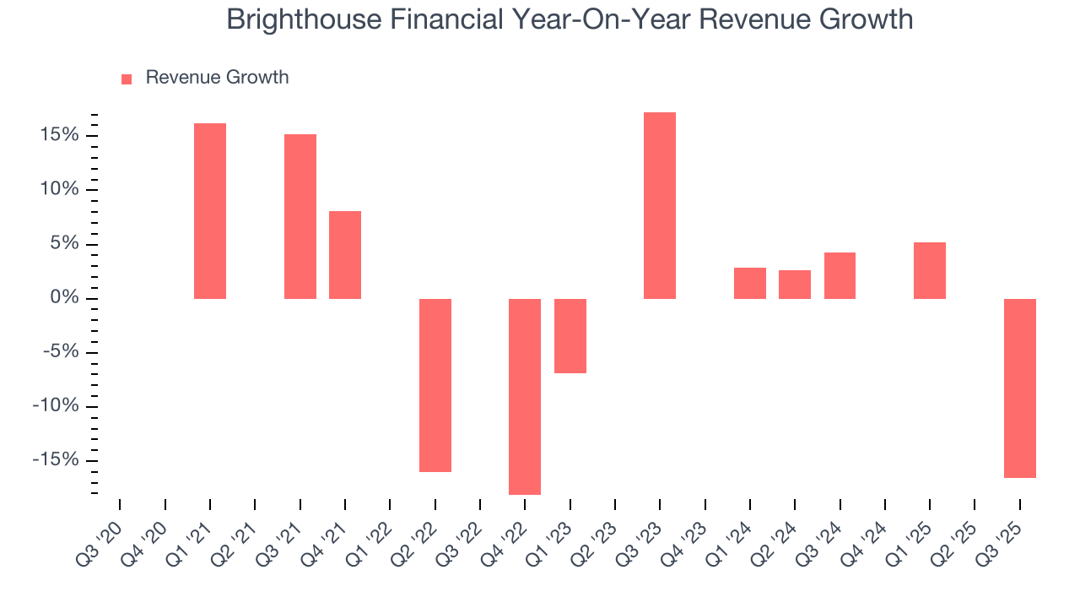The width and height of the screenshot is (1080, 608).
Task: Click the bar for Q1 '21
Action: tap(210, 211)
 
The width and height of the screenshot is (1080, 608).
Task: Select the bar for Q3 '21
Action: tap(300, 216)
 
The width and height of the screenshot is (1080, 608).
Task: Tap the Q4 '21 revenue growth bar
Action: tap(345, 255)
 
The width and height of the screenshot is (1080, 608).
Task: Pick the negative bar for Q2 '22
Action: tap(435, 385)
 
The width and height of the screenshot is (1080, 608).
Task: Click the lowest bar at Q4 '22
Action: tap(525, 396)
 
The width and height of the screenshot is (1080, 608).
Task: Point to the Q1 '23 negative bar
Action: tap(570, 335)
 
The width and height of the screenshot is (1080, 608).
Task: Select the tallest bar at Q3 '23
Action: tap(660, 205)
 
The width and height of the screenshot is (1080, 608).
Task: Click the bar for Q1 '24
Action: tap(750, 283)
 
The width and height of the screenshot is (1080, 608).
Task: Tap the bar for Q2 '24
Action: tap(795, 285)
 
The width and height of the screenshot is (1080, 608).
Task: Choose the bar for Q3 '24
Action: tap(840, 275)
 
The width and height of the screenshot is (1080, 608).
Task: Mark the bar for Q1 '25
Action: tap(930, 270)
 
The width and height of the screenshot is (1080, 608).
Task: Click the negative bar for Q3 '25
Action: tap(1020, 388)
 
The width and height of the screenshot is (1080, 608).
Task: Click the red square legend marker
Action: tap(127, 79)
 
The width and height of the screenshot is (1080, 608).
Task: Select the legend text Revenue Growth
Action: tap(217, 78)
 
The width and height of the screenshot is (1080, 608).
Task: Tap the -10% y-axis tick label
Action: tap(57, 406)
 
